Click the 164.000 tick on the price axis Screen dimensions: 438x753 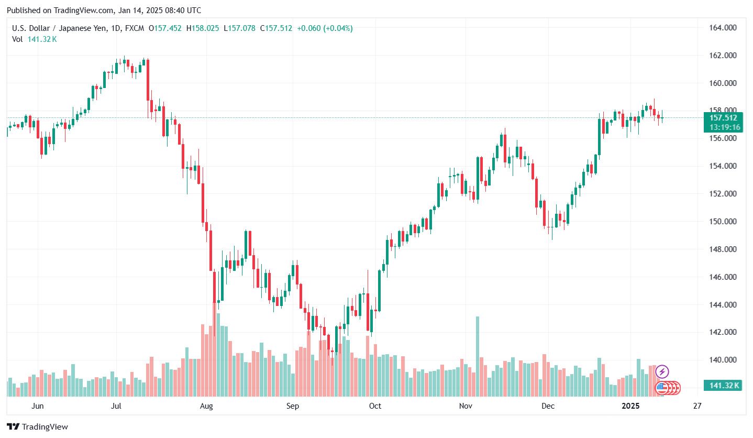722,28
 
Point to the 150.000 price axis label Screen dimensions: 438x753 722,222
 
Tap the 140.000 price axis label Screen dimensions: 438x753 722,360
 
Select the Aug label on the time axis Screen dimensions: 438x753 207,406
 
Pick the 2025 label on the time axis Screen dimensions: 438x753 630,406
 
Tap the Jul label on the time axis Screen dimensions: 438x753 117,406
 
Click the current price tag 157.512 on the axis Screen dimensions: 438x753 723,118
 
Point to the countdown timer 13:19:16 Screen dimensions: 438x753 723,127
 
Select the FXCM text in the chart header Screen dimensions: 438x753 135,28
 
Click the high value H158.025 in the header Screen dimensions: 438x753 203,28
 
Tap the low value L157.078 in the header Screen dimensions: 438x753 239,28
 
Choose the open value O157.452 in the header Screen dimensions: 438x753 165,28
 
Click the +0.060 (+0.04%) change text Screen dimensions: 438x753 325,28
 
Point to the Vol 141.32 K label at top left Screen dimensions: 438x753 35,39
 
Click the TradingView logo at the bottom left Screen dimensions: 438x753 37,427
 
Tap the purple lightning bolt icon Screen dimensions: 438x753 662,372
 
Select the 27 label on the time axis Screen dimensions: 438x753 696,406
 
